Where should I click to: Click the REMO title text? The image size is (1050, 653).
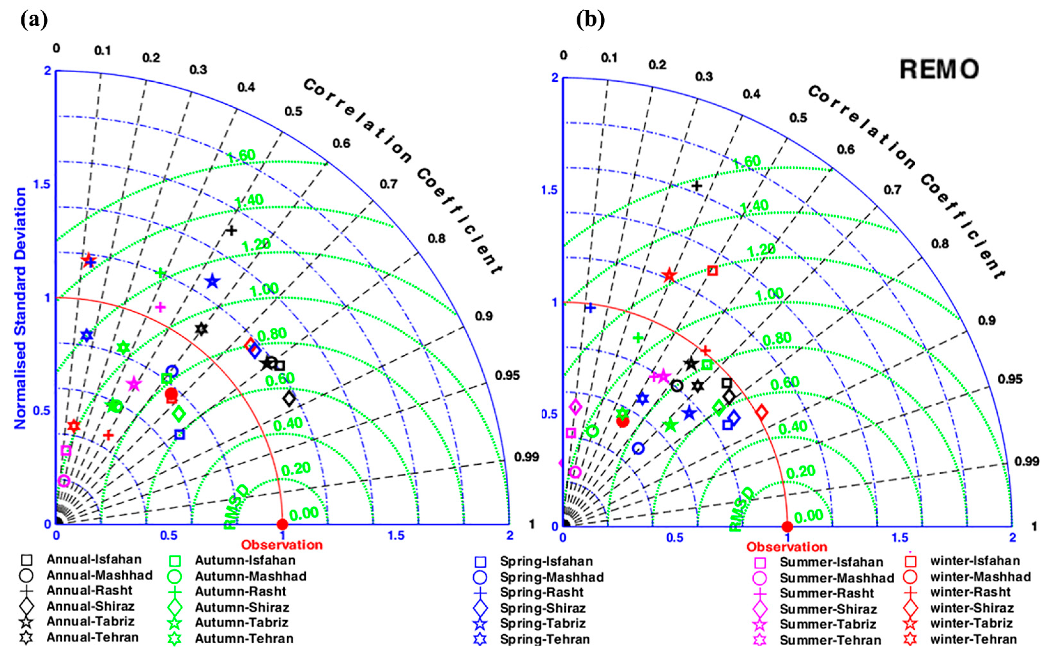pos(939,69)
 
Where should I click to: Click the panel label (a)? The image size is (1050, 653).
pos(34,20)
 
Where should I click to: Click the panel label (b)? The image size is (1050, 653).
pos(590,20)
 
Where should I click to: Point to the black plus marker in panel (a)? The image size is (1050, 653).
pos(231,230)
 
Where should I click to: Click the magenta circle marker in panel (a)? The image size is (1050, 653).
pos(64,481)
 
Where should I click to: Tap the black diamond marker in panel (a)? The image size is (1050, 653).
pos(289,398)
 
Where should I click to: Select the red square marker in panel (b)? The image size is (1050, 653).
pos(712,271)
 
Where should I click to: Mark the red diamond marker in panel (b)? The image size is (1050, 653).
pos(762,412)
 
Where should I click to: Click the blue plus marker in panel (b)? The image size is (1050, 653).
pos(590,307)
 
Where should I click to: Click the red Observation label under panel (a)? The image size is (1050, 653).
pos(282,545)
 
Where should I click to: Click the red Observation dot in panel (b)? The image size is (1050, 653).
pos(787,527)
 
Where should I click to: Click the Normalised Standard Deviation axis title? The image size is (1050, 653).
pos(20,308)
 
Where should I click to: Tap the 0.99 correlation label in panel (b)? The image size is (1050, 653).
pos(1027,461)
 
